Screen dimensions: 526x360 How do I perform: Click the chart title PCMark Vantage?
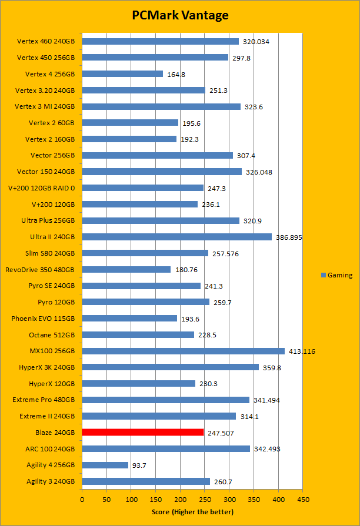click(180, 15)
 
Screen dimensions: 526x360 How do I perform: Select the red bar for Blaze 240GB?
click(143, 433)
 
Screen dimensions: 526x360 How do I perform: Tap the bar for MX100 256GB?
click(183, 351)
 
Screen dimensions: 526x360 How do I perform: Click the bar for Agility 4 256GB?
click(105, 465)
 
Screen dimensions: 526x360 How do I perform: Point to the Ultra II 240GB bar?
click(176, 237)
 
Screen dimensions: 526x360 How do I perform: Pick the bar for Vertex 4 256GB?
click(122, 74)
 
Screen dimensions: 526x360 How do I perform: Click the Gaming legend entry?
click(337, 275)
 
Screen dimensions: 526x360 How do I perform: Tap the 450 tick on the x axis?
click(302, 500)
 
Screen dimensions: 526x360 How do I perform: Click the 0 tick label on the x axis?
click(82, 500)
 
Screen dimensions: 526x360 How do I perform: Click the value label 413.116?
click(301, 351)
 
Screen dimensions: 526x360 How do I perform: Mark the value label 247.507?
click(221, 433)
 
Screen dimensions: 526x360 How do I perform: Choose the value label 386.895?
click(288, 237)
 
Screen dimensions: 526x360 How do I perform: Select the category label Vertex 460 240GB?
click(46, 42)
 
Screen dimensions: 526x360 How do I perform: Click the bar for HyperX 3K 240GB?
click(171, 367)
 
